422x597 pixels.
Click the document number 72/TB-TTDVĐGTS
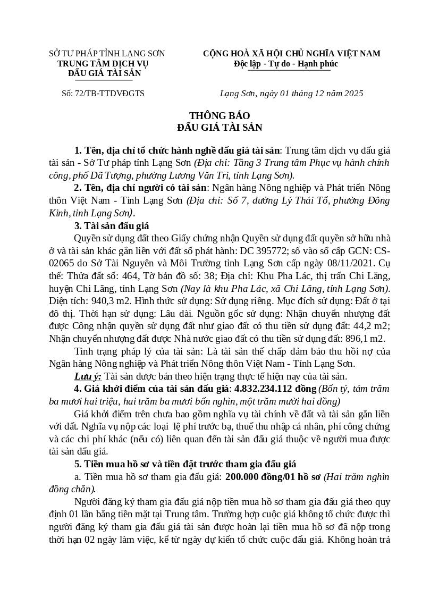(103, 94)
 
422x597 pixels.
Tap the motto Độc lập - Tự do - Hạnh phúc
(286, 64)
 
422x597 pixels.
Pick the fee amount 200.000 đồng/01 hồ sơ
(273, 477)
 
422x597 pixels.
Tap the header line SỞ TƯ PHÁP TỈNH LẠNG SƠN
(107, 54)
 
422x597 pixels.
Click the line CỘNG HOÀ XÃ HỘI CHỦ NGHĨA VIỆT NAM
(292, 54)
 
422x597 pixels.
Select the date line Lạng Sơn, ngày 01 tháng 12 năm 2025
(292, 94)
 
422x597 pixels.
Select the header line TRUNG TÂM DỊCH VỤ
(103, 64)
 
